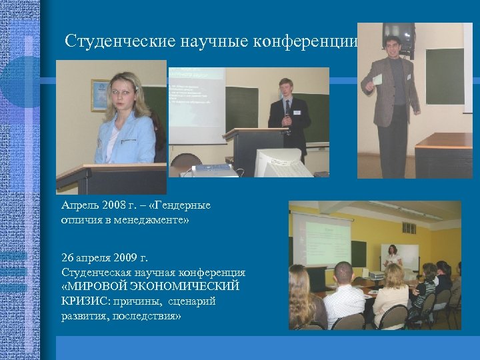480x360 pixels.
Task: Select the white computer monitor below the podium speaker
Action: click(281, 163)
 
